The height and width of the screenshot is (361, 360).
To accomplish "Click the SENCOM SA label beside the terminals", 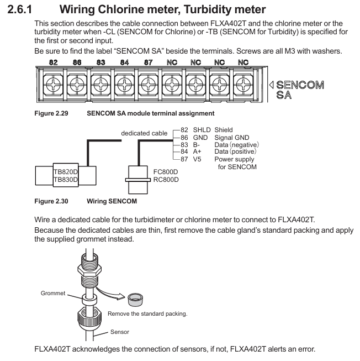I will pos(299,90).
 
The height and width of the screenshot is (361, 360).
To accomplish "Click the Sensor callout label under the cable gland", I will pos(120,333).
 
